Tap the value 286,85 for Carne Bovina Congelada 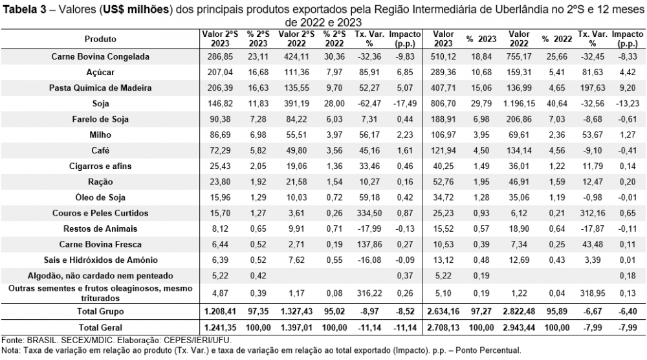(x=215, y=57)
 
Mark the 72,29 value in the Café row (x=215, y=150)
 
